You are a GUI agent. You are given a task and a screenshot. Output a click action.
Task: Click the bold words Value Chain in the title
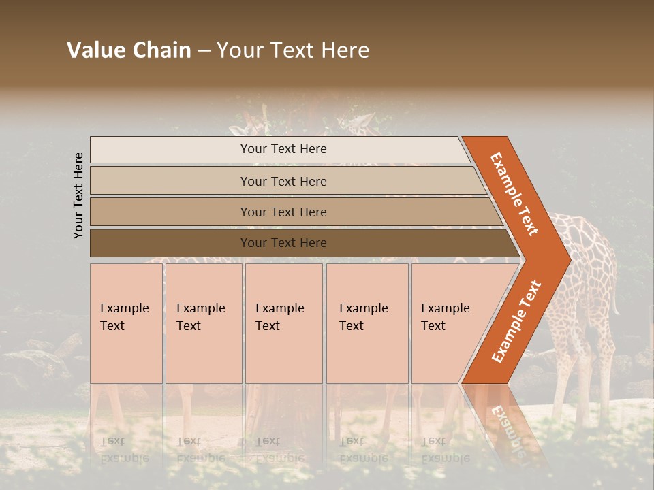point(129,50)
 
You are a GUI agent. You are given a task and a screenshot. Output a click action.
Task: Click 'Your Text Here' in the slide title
point(293,50)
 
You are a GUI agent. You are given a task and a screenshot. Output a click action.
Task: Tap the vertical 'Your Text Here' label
point(78,195)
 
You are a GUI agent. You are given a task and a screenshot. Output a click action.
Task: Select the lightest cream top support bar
point(279,149)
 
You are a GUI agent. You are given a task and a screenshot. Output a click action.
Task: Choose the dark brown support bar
point(300,243)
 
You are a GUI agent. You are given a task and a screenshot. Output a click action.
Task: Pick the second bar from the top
point(286,181)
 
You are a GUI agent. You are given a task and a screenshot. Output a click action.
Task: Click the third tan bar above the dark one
point(293,212)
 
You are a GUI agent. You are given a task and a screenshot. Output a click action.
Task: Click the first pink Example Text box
point(126,323)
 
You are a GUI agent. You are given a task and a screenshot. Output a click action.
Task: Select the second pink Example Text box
point(203,323)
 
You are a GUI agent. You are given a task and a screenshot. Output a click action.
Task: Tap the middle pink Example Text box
point(283,323)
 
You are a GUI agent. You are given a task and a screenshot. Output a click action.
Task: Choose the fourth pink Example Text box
point(367,323)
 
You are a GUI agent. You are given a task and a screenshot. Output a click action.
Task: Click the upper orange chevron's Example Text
point(514,194)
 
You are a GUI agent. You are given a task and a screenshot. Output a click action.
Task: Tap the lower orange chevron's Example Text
point(516,321)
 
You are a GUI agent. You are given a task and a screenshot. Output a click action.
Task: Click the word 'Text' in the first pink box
point(112,326)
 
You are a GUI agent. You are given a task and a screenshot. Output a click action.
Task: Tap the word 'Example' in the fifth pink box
point(445,308)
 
